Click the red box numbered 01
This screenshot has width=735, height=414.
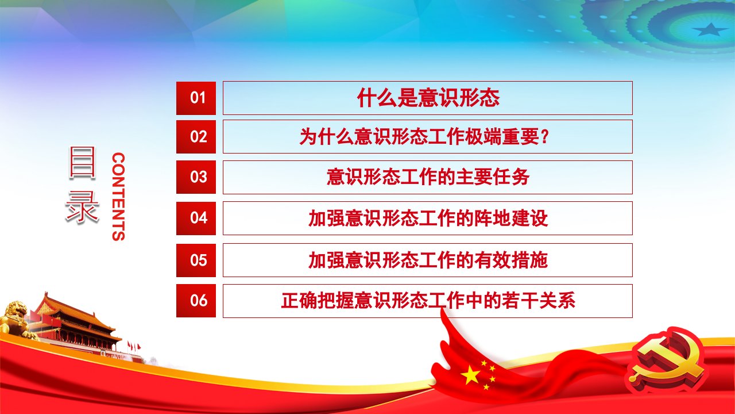(x=196, y=98)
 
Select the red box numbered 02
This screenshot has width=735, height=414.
(x=196, y=137)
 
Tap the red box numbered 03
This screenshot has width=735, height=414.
(x=196, y=177)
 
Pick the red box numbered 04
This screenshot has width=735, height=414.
(x=196, y=218)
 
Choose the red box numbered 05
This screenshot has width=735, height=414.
(x=196, y=260)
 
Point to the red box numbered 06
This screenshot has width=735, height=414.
(x=196, y=301)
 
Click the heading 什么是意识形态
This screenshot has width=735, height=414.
(x=428, y=98)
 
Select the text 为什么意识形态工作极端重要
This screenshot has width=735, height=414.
(x=420, y=137)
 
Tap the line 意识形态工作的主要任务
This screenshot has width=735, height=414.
(x=428, y=177)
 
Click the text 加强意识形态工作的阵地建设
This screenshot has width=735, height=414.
(x=428, y=218)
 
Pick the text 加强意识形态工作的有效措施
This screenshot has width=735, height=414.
(x=428, y=260)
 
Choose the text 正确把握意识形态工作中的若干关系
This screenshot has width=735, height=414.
(x=428, y=300)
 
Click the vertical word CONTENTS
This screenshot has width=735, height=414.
(x=118, y=197)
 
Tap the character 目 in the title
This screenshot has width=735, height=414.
(x=82, y=163)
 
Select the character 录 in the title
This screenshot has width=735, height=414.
(x=82, y=207)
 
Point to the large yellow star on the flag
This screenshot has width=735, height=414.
(x=470, y=375)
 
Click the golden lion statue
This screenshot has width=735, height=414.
(x=17, y=319)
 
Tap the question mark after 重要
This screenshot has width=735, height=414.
(x=544, y=137)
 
